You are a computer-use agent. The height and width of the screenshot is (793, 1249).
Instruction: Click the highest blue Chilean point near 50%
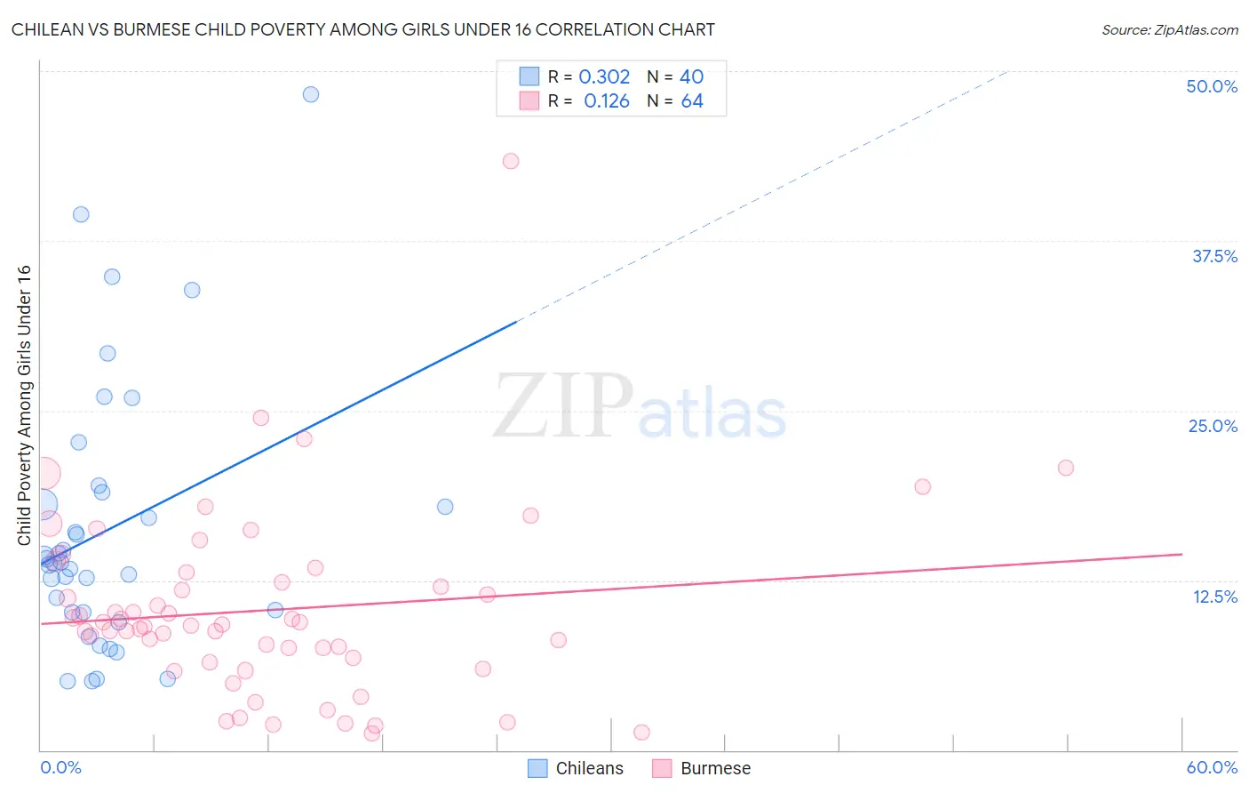[311, 94]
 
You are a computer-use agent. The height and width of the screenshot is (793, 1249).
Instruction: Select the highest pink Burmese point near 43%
[511, 161]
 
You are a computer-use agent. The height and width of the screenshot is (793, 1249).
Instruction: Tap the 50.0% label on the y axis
[1212, 86]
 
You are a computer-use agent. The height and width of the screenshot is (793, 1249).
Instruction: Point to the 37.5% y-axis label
[1214, 256]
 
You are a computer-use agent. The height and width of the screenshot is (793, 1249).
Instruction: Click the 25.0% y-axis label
[1213, 426]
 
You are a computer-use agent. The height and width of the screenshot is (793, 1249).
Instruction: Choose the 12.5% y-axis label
[1214, 597]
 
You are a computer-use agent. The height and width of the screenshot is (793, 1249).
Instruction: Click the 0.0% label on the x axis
[60, 767]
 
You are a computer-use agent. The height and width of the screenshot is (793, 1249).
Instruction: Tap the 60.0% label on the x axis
[1212, 767]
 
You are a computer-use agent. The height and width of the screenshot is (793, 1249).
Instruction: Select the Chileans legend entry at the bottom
[576, 768]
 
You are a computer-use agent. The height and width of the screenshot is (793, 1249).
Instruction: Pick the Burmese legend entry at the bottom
[702, 768]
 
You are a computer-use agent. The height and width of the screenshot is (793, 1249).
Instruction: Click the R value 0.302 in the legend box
[604, 77]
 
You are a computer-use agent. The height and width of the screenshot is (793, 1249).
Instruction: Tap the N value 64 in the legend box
[692, 101]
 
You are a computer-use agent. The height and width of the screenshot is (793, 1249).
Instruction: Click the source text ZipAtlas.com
[1169, 29]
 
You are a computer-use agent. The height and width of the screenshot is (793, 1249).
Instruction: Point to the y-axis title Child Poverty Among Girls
[24, 405]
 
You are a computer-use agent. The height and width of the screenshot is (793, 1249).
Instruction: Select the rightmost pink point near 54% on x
[1066, 468]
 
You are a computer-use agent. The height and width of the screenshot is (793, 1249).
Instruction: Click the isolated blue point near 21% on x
[445, 507]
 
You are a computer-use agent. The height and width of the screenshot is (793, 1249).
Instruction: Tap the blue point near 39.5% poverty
[81, 214]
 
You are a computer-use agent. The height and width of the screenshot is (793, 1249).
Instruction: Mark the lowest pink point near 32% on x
[642, 733]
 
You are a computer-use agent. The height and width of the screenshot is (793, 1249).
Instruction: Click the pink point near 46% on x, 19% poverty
[923, 486]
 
